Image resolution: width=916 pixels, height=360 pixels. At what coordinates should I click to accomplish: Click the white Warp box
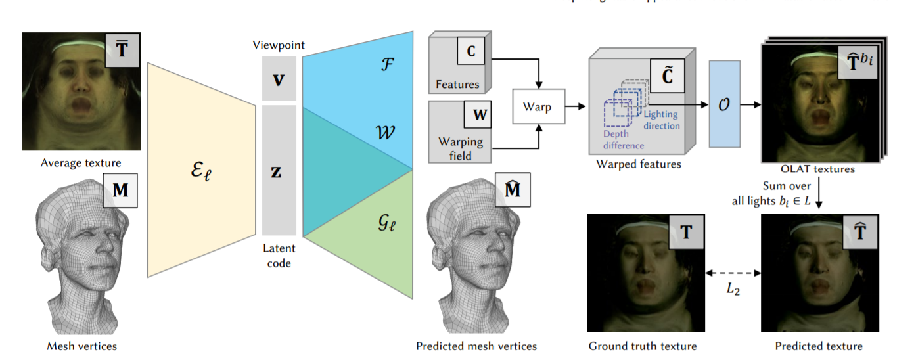[x=539, y=106]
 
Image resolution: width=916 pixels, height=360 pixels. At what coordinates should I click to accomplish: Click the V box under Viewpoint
[x=279, y=79]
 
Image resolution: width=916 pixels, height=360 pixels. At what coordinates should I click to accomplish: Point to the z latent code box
[x=279, y=170]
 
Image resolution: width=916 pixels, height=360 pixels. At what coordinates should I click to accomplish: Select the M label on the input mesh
[x=120, y=190]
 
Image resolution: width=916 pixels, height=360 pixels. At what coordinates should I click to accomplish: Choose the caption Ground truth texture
[x=642, y=346]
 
